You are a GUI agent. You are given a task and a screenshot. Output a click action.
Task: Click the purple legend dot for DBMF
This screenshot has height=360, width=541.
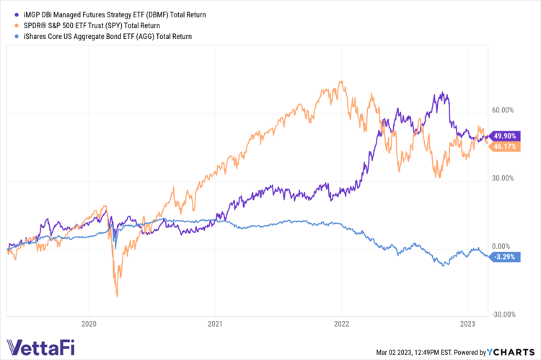tap(8, 14)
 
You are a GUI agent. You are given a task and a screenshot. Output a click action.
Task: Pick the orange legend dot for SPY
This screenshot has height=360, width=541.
tap(8, 25)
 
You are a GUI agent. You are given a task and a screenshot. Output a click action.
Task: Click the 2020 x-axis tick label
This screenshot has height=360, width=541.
tap(89, 325)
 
